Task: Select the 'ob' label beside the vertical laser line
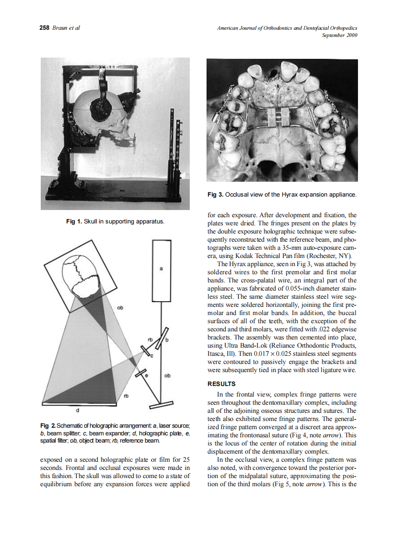coord(167,376)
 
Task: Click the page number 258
coord(45,28)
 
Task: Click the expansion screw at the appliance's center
coord(277,116)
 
